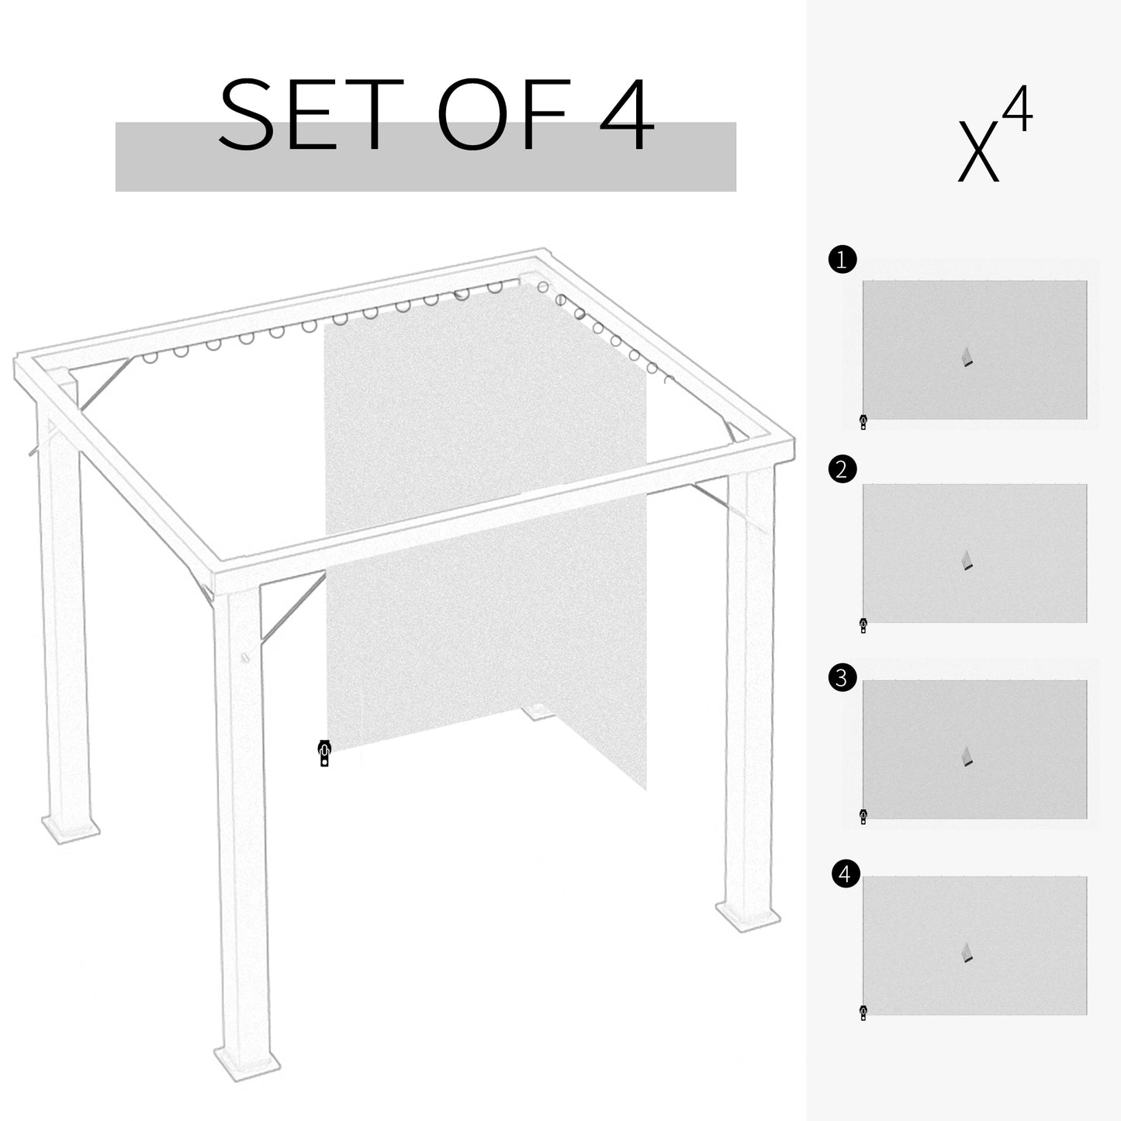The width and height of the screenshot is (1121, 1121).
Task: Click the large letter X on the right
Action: [x=977, y=152]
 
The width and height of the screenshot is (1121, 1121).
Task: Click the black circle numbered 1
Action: [x=842, y=260]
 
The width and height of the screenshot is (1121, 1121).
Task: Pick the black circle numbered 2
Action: [x=842, y=469]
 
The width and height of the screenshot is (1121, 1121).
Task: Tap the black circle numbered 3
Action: [x=842, y=678]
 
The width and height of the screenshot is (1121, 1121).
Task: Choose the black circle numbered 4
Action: [x=845, y=874]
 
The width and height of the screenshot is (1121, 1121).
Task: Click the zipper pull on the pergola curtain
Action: [x=324, y=753]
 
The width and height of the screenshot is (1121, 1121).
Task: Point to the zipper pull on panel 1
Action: [x=863, y=422]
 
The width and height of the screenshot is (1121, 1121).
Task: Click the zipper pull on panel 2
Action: [x=863, y=625]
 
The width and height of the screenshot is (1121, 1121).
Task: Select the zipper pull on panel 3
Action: [x=863, y=815]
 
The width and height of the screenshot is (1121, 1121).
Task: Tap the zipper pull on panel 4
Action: [x=863, y=1012]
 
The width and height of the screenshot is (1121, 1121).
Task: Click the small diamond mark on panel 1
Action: [x=967, y=357]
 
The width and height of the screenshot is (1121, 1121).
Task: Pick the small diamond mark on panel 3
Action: [x=967, y=756]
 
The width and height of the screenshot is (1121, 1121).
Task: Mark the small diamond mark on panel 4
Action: [x=967, y=953]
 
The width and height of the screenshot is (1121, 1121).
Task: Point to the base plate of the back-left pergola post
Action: [x=70, y=829]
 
